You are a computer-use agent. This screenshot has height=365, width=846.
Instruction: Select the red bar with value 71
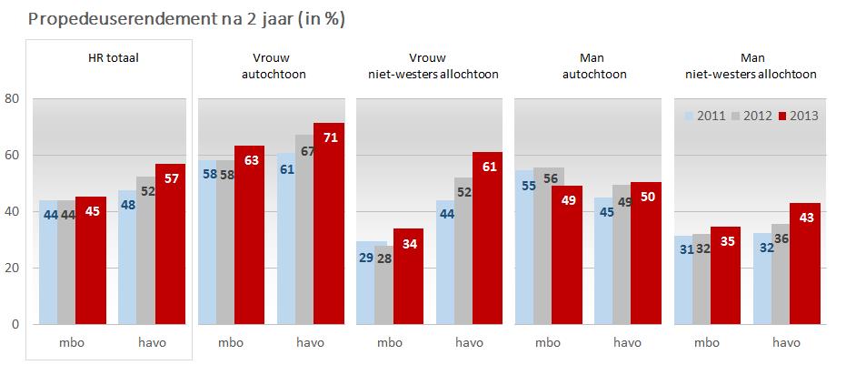click(328, 223)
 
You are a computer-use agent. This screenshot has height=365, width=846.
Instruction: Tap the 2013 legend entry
click(798, 116)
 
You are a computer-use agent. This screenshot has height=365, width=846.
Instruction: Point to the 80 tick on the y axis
click(13, 98)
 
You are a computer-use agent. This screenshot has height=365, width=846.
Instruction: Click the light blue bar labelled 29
click(365, 282)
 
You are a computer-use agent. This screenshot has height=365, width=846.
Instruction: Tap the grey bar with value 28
click(383, 284)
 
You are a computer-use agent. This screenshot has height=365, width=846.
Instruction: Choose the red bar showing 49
click(565, 255)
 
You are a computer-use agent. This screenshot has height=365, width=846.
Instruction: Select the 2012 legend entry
click(751, 116)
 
